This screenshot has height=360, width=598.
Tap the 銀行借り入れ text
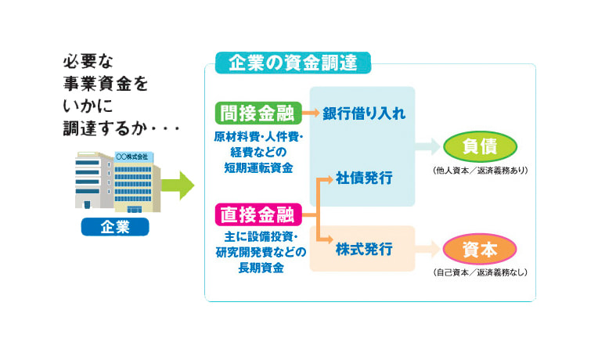(364, 114)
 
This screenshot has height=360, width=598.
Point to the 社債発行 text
(364, 178)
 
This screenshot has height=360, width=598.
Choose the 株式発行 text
(364, 250)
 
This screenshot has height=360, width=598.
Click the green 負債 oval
(480, 146)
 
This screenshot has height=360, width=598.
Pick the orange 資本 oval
(480, 250)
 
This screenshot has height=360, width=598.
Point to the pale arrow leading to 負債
(427, 146)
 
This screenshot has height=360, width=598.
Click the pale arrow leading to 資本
(427, 250)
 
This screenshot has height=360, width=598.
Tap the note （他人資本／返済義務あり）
(480, 170)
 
